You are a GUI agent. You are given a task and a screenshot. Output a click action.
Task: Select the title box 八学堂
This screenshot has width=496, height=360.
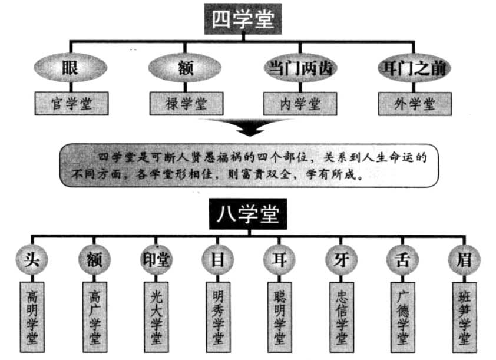click(248, 216)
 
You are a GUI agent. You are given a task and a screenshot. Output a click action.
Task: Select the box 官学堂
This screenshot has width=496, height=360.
click(71, 104)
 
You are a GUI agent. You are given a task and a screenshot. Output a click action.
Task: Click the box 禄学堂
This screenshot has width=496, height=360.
click(186, 104)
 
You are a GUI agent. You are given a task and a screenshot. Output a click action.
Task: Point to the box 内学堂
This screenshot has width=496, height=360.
click(300, 104)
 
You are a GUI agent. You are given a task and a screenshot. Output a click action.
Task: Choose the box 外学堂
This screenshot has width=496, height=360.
click(414, 104)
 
